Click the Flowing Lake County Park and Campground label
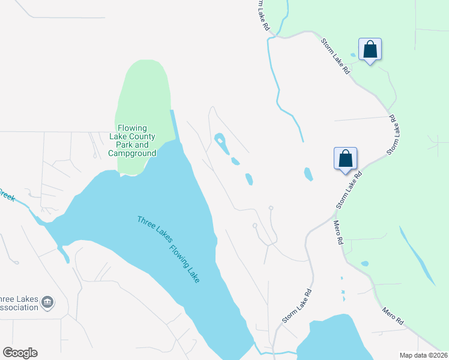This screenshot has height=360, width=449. pos(136,140)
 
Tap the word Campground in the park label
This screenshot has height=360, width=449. pos(133,154)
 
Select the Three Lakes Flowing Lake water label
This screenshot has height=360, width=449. pos(169,250)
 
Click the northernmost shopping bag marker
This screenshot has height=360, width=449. pos(370,50)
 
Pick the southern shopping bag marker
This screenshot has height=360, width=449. pos(345,160)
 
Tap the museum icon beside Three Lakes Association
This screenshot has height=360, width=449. pos(49,302)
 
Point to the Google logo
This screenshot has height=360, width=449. pos(20,353)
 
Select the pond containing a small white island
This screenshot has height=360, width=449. pos(220,143)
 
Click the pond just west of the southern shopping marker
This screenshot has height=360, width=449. pos(308,174)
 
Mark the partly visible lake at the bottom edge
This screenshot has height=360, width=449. pos(328,339)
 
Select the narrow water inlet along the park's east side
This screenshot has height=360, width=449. pos(174,126)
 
